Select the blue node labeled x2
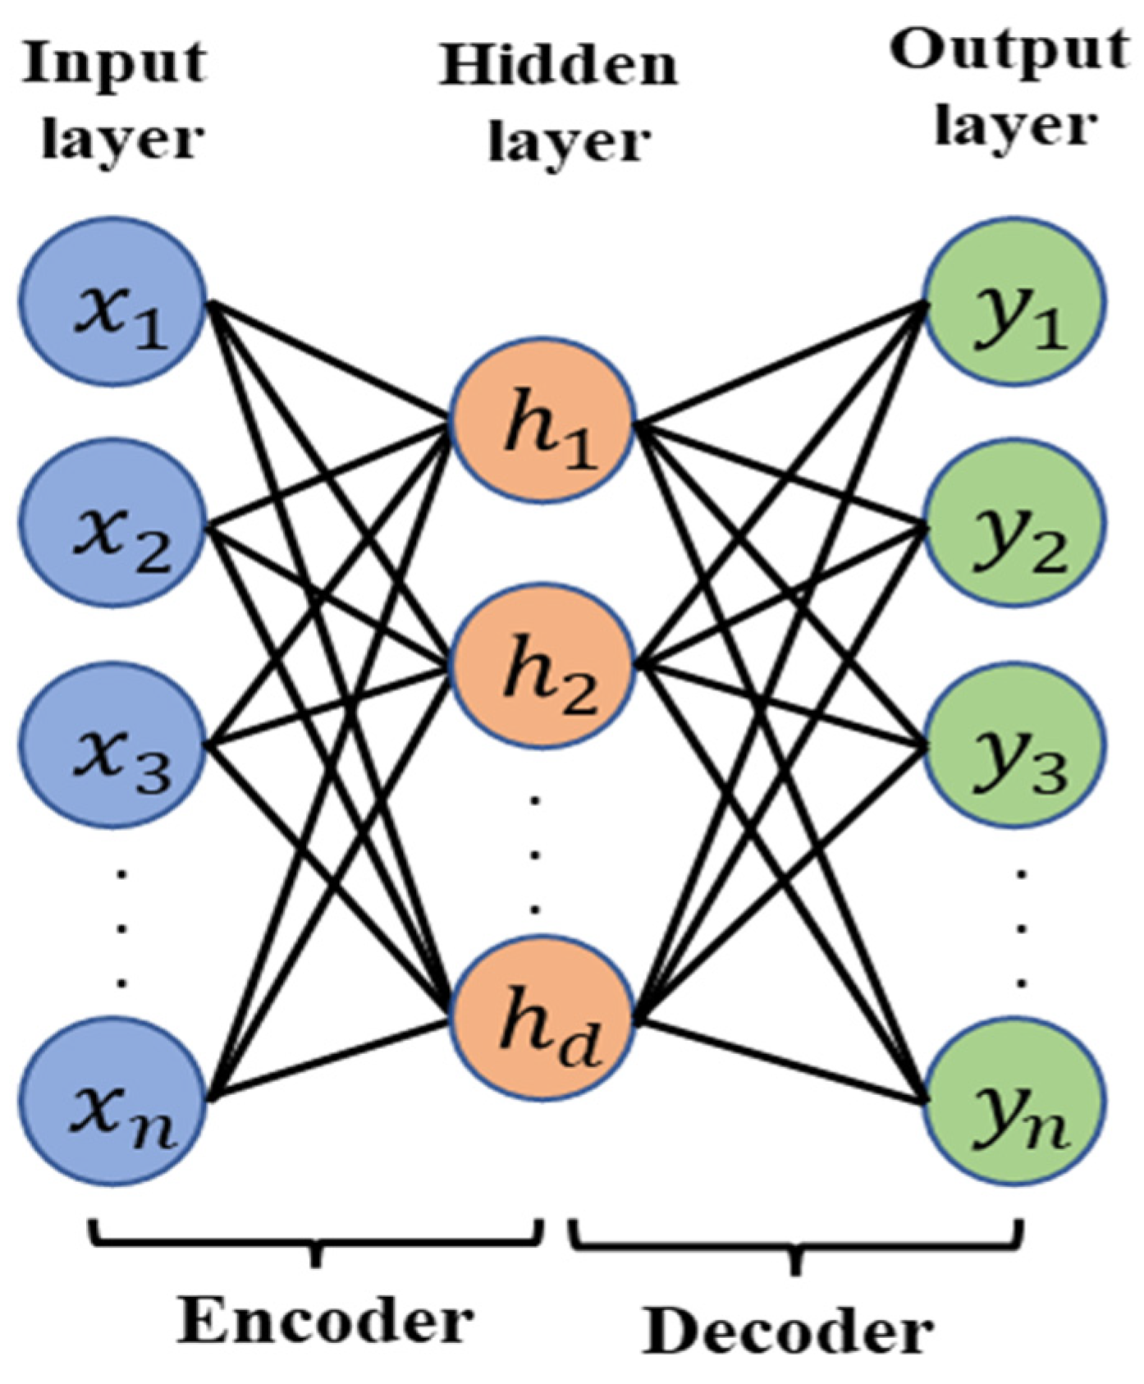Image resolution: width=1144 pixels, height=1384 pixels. pos(112,522)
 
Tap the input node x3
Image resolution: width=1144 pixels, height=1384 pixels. pos(112,745)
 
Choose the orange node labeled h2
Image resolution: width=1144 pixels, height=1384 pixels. pos(542,665)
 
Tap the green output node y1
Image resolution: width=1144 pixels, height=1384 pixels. pos(1015,302)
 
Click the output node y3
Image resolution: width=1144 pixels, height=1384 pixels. pos(1015,745)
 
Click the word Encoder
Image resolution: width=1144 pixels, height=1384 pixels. pos(326,1322)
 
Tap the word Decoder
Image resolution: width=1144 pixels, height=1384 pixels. pos(788,1331)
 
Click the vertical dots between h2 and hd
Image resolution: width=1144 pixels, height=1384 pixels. pos(534,854)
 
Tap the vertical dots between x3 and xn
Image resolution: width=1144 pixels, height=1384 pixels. pos(121,928)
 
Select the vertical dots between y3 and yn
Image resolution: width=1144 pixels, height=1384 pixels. pos(1022,928)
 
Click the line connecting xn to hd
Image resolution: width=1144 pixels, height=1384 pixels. pos(328,1061)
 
